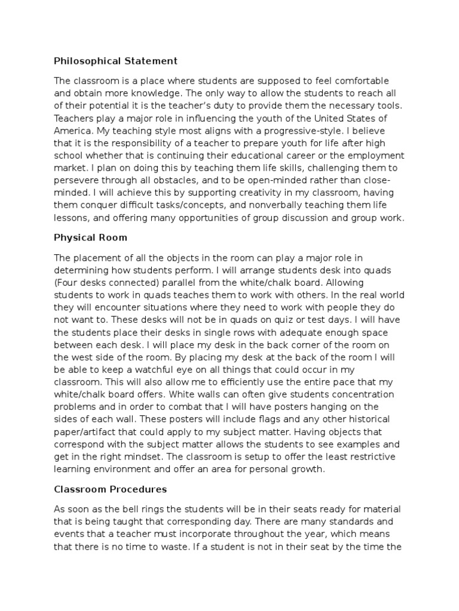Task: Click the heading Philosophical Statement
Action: pyautogui.click(x=115, y=60)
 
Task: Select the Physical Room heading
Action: pyautogui.click(x=90, y=237)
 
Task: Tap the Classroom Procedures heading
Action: pyautogui.click(x=111, y=489)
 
